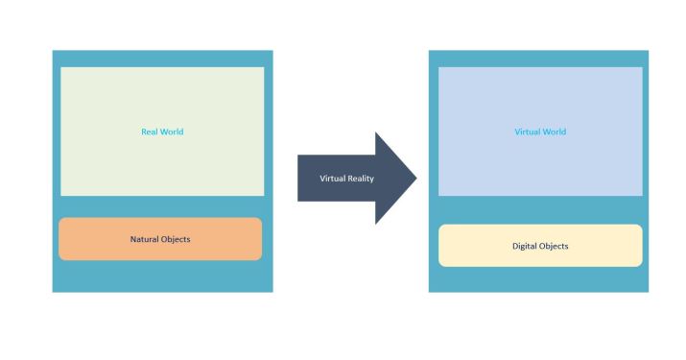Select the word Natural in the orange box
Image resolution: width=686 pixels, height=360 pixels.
tap(146, 239)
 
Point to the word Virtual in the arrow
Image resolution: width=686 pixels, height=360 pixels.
tap(332, 179)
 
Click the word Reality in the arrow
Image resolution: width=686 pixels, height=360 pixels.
tap(362, 179)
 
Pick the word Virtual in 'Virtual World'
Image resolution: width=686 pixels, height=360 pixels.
tap(527, 132)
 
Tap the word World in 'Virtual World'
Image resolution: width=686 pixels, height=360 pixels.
tap(554, 132)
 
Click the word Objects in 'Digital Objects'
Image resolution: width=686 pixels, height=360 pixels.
tap(554, 246)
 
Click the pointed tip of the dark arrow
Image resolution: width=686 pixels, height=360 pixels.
tap(415, 179)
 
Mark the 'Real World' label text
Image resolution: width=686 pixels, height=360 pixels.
tap(160, 132)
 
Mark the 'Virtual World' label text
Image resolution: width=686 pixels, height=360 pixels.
tap(540, 132)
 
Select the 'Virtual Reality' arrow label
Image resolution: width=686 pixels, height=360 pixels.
tap(347, 179)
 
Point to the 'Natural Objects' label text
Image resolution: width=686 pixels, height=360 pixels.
tap(160, 239)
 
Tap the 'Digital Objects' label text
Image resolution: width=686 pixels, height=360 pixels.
tap(540, 246)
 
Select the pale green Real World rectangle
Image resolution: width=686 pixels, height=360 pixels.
tap(162, 96)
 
